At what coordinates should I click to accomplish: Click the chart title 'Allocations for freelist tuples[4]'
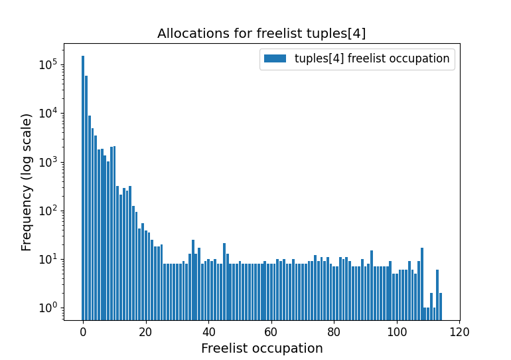coord(261,33)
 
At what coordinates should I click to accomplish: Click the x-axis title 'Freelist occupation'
coord(261,348)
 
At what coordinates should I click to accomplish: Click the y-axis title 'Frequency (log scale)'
coord(27,182)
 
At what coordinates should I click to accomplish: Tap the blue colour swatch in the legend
coord(275,58)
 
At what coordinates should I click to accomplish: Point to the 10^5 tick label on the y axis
coord(49,64)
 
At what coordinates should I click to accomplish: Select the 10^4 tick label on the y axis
coord(49,113)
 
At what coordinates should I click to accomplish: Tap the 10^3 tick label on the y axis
coord(49,162)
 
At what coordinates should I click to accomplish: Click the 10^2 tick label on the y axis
coord(49,211)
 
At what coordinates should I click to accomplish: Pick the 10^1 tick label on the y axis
coord(49,259)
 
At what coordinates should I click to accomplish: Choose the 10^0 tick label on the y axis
coord(49,308)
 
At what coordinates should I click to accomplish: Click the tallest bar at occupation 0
coord(83,186)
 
